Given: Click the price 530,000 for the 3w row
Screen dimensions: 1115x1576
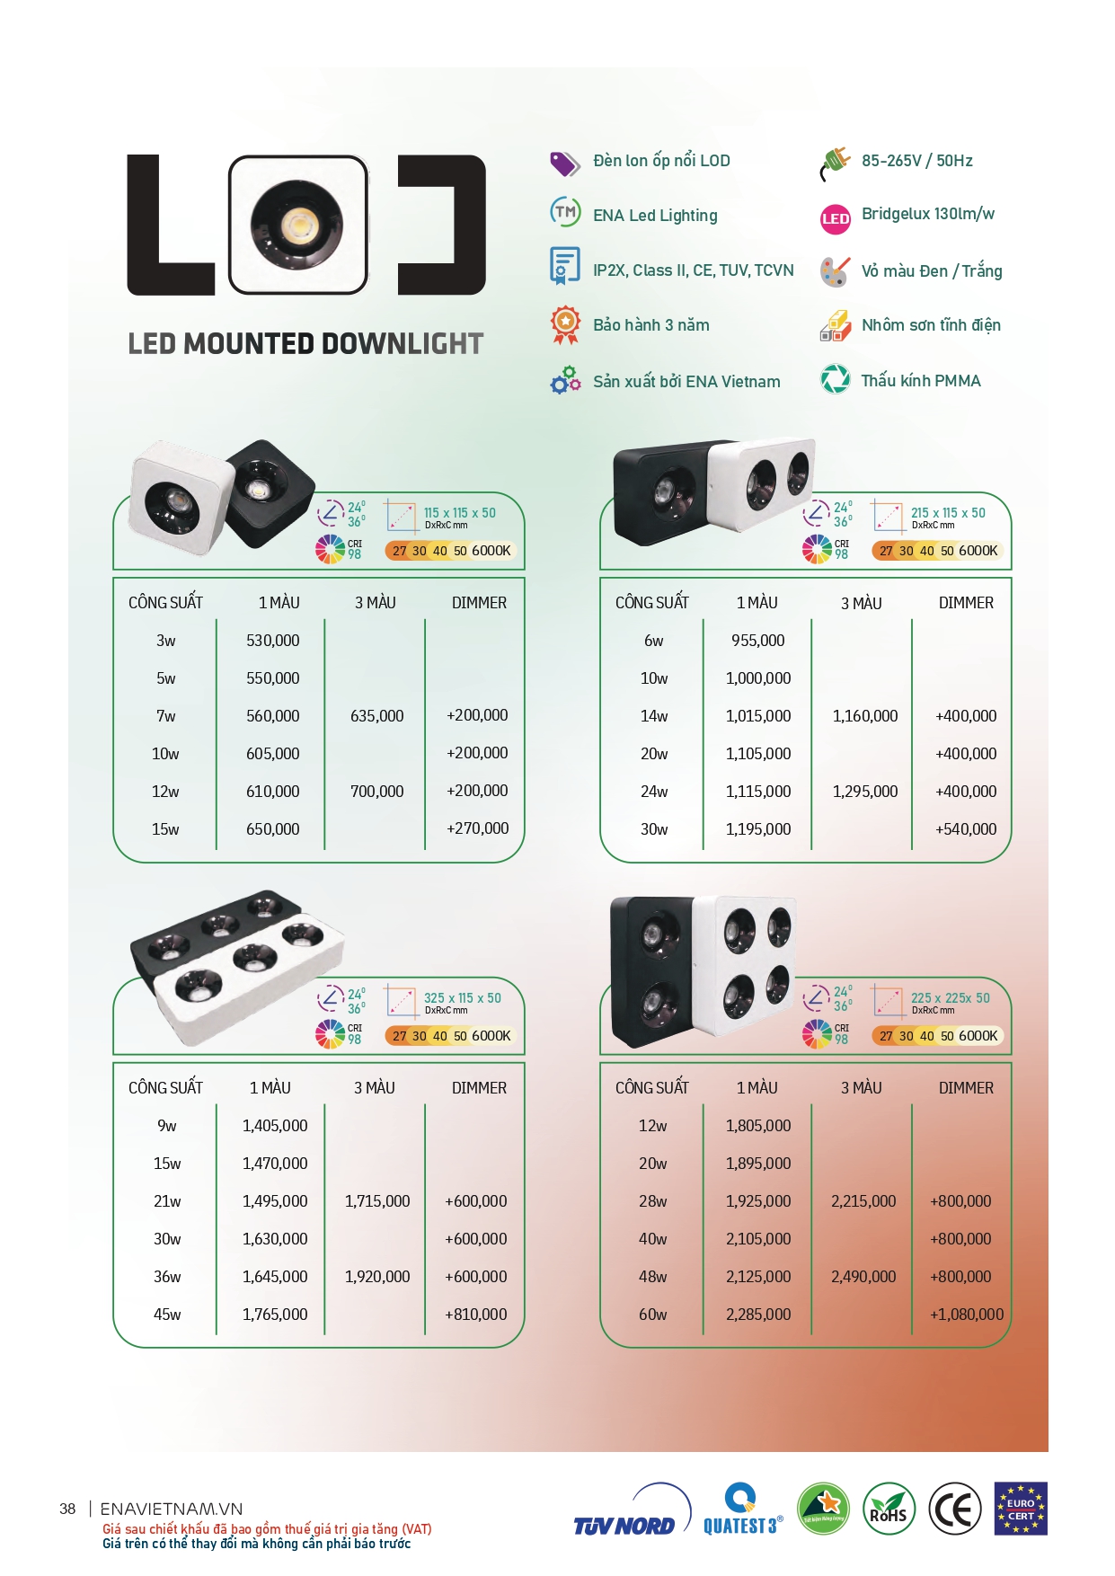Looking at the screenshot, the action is coord(273,641).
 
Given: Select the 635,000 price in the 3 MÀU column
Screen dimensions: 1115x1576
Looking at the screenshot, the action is coord(377,716).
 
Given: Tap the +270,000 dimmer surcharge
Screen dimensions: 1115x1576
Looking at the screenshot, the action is coord(477,828).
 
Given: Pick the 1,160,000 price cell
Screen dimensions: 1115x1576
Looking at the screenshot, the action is coord(865,716).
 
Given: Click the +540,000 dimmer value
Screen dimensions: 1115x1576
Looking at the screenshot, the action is coord(966,829).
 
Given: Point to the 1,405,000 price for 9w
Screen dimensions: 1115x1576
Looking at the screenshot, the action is coord(275,1126).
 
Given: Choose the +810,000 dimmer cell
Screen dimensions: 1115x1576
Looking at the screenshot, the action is coord(476,1315).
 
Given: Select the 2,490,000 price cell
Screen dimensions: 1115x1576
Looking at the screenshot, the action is coord(863,1277).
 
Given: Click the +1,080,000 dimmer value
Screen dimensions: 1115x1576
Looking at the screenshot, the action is coord(967,1315).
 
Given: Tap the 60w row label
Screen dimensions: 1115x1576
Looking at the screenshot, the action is coord(653,1315).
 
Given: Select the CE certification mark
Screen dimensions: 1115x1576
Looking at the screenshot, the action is coord(954,1510).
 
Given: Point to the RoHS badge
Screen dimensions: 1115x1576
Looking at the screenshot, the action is coord(889,1510).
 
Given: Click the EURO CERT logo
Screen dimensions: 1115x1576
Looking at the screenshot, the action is coord(1021,1510).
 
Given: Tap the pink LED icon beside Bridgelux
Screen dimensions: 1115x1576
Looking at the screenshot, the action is coord(836,218).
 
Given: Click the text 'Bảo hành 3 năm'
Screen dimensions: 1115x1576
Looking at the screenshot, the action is coord(651,325).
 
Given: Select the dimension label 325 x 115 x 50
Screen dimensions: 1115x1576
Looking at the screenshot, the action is coord(463,998).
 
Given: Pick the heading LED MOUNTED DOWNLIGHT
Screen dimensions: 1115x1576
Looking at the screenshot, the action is coord(305,344).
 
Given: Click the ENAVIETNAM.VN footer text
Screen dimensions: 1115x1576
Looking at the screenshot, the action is coord(172,1510).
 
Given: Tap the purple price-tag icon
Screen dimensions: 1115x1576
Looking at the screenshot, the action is coord(565,164).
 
